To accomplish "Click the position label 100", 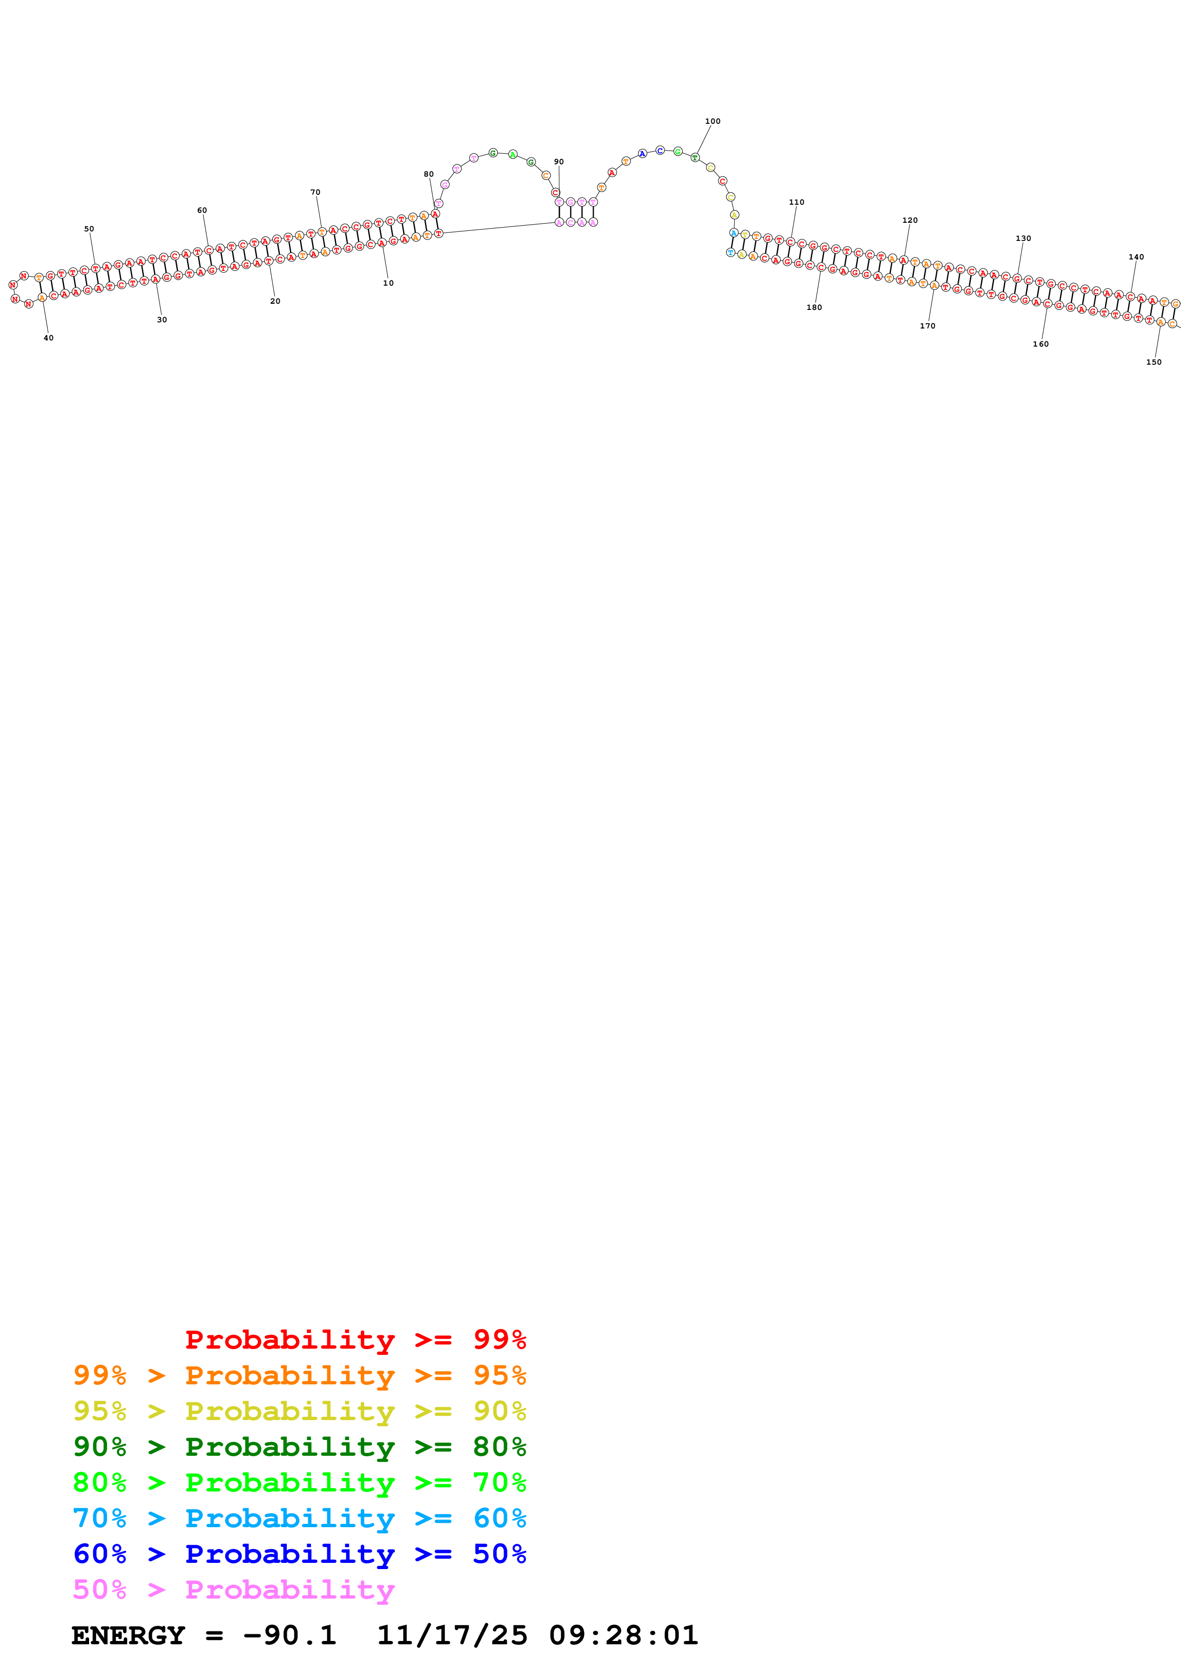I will point(712,121).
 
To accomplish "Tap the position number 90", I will point(558,161).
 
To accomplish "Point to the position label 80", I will point(429,174).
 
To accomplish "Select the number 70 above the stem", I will point(315,192).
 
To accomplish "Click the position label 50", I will point(89,229).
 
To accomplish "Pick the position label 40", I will point(49,338).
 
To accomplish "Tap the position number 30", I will point(162,319).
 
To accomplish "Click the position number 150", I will point(1153,361).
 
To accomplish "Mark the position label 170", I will point(927,326).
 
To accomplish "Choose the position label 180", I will point(814,307).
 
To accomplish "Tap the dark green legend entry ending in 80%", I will point(299,1447).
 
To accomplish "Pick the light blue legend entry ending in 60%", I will point(299,1518).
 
